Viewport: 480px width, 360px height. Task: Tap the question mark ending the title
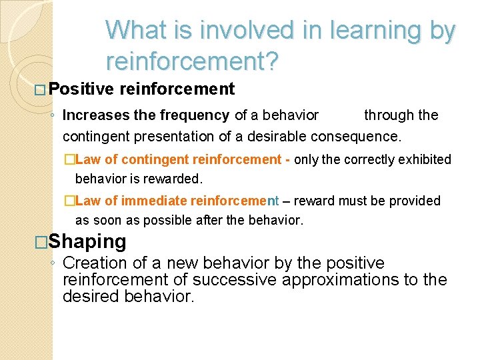pyautogui.click(x=273, y=61)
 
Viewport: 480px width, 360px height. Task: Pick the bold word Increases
pyautogui.click(x=96, y=115)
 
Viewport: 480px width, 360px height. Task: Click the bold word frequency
pyautogui.click(x=197, y=115)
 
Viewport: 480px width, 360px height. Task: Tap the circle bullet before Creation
pyautogui.click(x=53, y=264)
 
